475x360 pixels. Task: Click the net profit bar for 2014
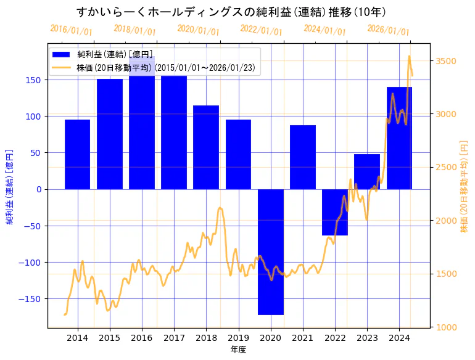77,154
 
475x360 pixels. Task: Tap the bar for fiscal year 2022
335,212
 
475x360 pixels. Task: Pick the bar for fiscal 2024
399,138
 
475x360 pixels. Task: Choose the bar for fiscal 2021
303,157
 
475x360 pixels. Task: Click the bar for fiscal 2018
206,147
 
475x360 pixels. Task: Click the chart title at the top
231,12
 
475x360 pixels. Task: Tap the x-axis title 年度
238,350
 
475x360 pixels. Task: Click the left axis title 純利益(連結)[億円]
10,186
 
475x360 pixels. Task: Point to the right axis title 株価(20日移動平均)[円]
464,186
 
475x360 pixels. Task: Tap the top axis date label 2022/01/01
262,30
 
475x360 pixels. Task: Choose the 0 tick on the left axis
38,189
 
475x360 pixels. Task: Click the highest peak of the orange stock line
409,57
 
